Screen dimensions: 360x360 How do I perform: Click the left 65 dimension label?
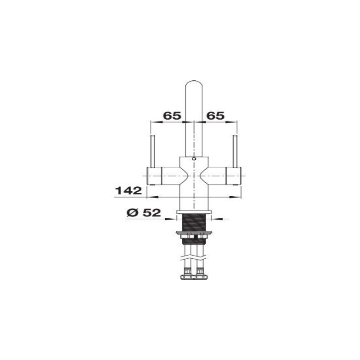tap(172, 116)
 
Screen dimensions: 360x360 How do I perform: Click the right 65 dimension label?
tap(216, 116)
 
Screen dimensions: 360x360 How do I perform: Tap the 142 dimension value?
tap(128, 190)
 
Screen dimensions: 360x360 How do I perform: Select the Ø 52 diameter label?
tap(144, 213)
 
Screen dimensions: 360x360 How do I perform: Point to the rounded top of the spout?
tap(194, 83)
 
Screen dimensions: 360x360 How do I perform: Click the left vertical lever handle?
tap(153, 151)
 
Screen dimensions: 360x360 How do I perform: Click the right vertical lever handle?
tap(235, 151)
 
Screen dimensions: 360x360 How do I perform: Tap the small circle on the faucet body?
tap(194, 158)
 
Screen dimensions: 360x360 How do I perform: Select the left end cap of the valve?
tap(154, 175)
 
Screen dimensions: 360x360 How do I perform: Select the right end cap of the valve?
tap(234, 175)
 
